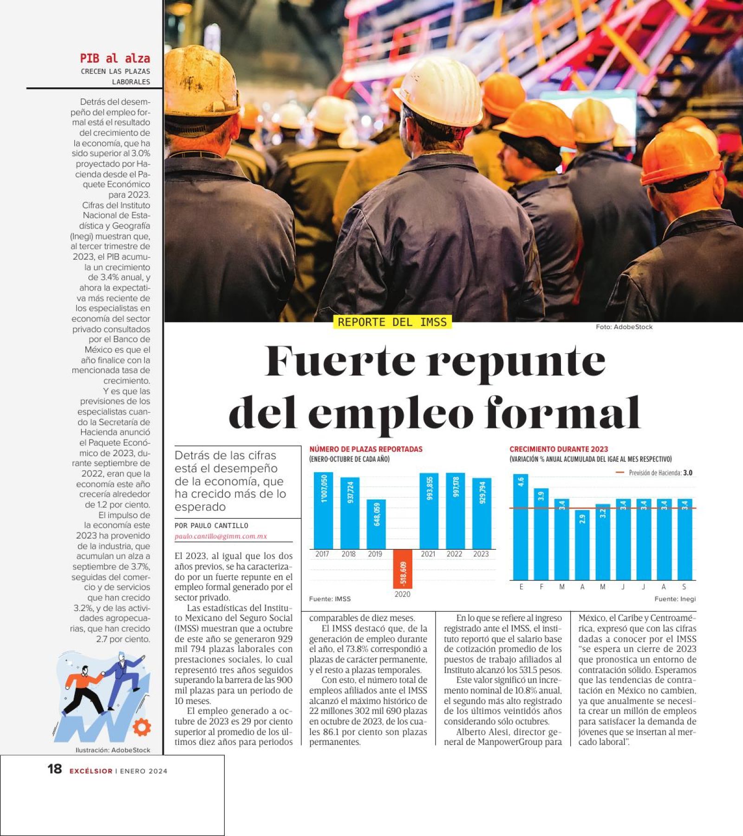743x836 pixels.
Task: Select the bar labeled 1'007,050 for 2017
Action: pos(323,510)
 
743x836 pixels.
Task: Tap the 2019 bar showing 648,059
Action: pos(376,524)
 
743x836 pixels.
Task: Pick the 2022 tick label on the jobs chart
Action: pos(454,554)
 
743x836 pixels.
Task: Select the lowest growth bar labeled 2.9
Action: pos(582,544)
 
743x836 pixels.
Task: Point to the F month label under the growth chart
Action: pos(541,587)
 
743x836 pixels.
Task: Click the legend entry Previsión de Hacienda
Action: pos(655,473)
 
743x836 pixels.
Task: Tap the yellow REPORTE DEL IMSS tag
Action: pos(392,322)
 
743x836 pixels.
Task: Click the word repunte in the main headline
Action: pos(516,362)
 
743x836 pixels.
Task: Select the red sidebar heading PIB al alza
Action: pos(115,59)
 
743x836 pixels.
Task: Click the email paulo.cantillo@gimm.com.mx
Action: pos(221,536)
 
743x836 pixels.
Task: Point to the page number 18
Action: pos(54,769)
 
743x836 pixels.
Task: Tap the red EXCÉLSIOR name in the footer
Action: pos(91,771)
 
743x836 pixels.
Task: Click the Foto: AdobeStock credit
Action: pos(624,327)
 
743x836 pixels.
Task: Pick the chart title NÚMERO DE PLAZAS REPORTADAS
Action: pos(366,449)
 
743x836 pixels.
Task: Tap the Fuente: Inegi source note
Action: pos(675,599)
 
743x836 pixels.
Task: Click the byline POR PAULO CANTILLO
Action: pos(211,526)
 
